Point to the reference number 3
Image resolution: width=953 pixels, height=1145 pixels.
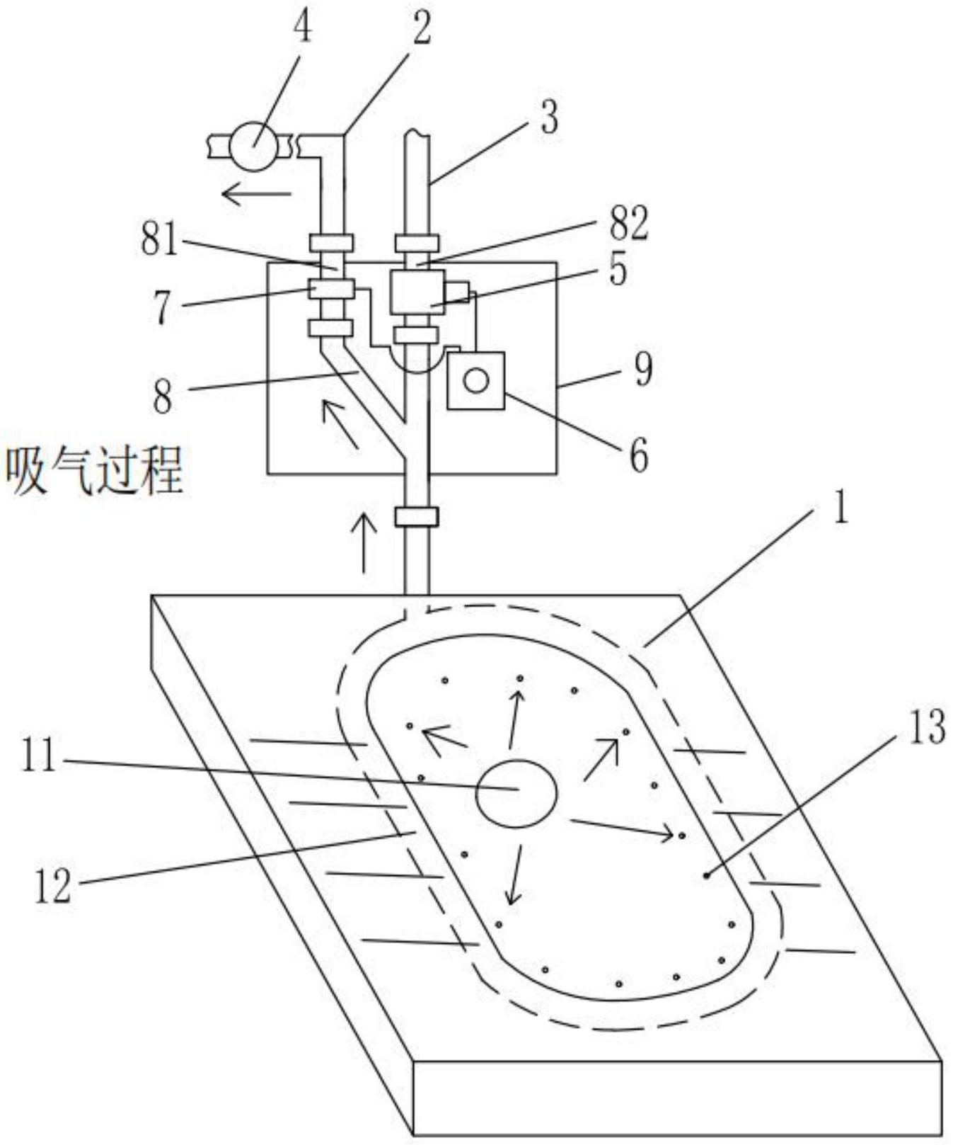coord(549,118)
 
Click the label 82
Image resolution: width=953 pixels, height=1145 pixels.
coord(628,223)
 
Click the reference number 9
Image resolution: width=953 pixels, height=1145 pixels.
coord(642,369)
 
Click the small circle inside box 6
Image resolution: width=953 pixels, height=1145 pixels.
coord(475,381)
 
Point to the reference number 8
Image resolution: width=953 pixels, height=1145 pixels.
coord(163,398)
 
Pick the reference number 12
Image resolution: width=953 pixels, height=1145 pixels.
coord(53,885)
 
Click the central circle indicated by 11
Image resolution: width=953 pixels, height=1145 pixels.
coord(516,793)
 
